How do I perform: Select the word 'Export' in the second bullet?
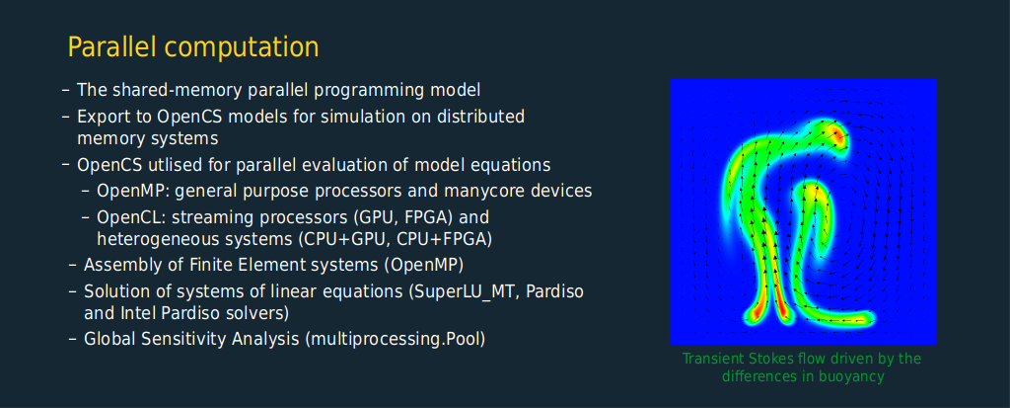pos(100,119)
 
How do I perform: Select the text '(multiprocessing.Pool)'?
pos(396,339)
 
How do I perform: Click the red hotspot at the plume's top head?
pos(836,134)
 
